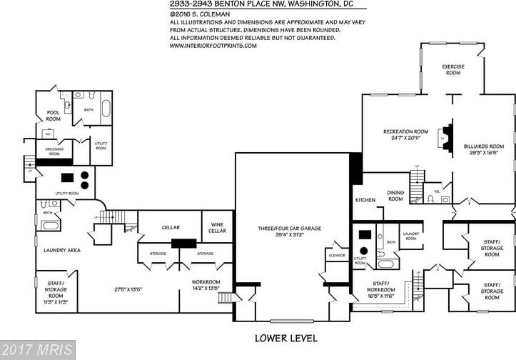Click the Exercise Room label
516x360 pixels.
click(x=454, y=69)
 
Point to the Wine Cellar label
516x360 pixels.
click(x=217, y=228)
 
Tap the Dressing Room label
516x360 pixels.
click(x=55, y=151)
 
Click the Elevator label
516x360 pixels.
click(x=337, y=255)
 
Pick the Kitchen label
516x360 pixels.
click(x=365, y=200)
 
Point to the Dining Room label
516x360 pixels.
click(x=395, y=196)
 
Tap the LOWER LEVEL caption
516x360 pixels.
click(x=285, y=338)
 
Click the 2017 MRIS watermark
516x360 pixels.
click(x=36, y=350)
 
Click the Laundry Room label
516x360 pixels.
click(x=411, y=236)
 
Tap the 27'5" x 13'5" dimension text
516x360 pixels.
click(x=108, y=289)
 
